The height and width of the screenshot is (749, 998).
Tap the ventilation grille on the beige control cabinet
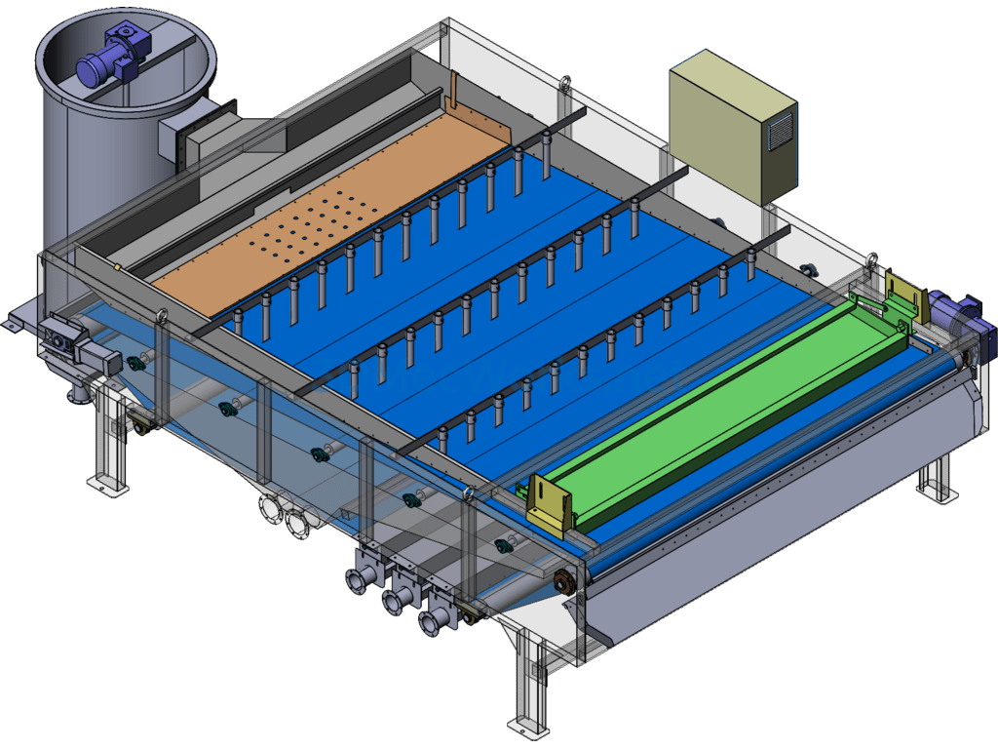(x=780, y=130)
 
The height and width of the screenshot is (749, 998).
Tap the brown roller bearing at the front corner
(x=563, y=583)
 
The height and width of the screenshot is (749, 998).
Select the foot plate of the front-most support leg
(x=525, y=728)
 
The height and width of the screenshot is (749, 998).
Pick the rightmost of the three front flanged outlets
(x=430, y=621)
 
